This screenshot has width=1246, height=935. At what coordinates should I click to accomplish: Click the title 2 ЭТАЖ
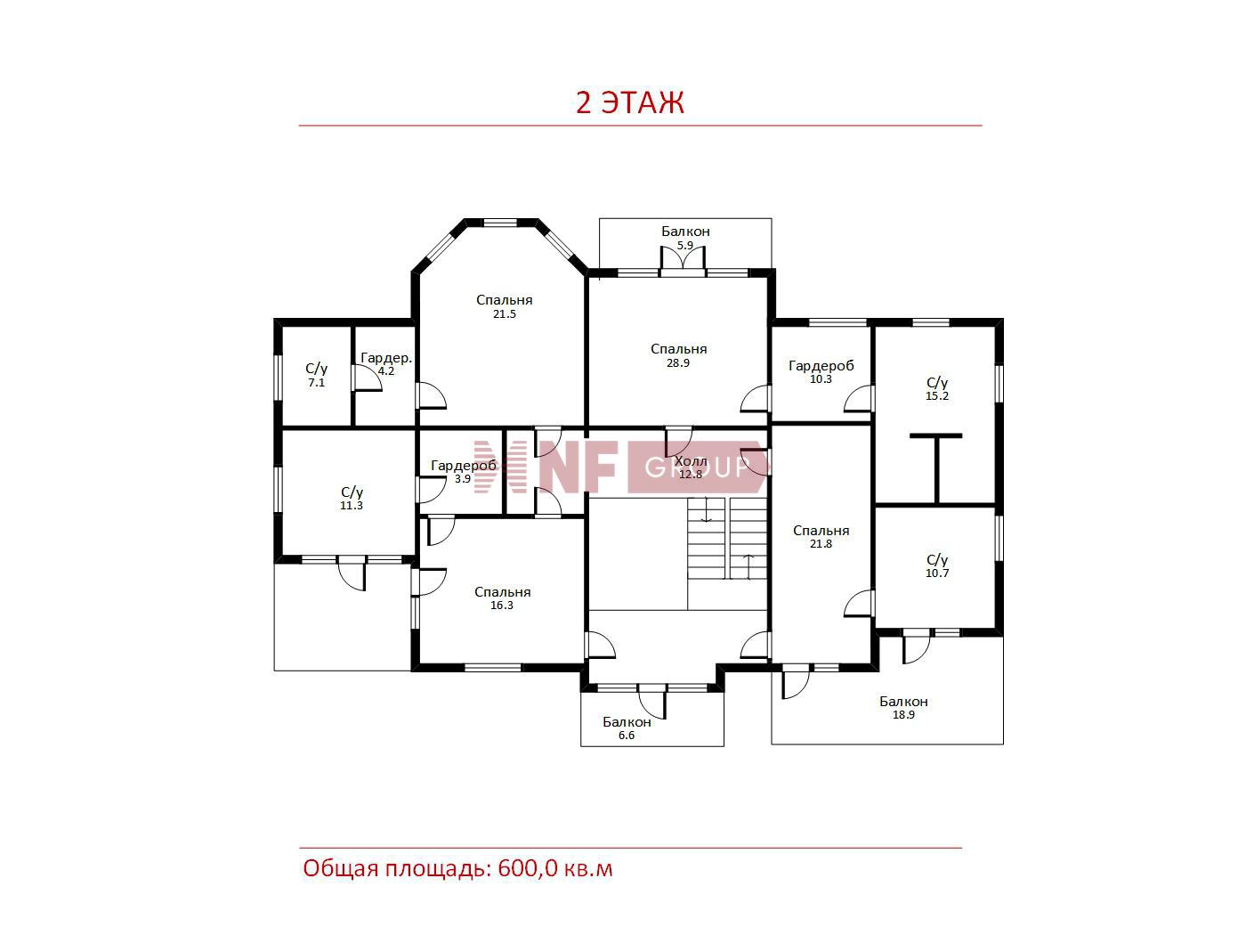[629, 102]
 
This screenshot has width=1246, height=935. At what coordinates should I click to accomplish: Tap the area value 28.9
[678, 363]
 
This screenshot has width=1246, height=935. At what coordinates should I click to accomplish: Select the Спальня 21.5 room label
[504, 306]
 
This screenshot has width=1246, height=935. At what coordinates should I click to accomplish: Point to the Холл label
[691, 461]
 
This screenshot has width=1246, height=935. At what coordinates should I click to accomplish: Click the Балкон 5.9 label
[685, 238]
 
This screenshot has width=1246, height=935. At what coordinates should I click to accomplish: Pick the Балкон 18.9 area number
[903, 715]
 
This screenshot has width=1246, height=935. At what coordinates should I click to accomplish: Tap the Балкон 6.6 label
[627, 728]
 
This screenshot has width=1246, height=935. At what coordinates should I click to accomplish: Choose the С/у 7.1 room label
[316, 375]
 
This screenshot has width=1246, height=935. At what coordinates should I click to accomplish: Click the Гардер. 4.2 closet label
[386, 364]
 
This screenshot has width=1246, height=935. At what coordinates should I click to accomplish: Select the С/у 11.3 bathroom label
[352, 499]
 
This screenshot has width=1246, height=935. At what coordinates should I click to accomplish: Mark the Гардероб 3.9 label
[463, 472]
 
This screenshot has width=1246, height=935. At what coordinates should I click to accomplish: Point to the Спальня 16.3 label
[502, 598]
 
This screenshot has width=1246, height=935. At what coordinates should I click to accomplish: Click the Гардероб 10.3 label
[821, 372]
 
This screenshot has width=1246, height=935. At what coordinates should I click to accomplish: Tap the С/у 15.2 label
[936, 389]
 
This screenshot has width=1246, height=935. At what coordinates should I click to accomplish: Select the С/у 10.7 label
[936, 566]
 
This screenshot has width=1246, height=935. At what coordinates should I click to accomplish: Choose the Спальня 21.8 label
[821, 536]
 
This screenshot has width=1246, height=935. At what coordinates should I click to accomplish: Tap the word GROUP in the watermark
[697, 467]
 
